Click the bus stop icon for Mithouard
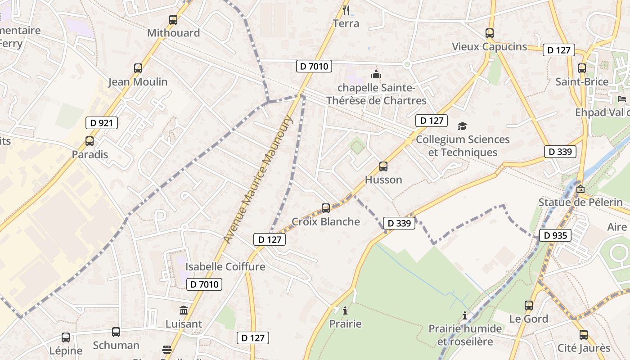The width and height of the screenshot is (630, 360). pos(173,20)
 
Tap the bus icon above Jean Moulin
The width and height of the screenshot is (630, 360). pos(138,68)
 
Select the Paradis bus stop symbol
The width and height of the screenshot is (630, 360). pos(90,141)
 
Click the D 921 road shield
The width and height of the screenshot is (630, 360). pos(102,123)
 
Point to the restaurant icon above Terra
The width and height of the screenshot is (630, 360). pos(346,10)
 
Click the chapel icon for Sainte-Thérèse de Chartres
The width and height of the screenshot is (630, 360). pos(376,74)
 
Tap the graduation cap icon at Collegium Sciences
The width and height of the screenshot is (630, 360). pos(462,126)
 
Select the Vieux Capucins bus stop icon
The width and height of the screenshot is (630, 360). pos(490,33)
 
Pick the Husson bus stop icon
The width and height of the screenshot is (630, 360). pos(383,166)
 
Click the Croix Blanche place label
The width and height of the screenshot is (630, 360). pos(326,221)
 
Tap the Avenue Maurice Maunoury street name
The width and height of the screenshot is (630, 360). pos(258,180)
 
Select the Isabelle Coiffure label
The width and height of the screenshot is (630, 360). pos(225,266)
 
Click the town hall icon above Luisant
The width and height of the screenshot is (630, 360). pos(184,310)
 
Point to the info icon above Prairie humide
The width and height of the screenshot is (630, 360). pos(465,315)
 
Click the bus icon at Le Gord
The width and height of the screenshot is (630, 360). pos(529,306)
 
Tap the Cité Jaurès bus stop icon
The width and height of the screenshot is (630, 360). pos(584,335)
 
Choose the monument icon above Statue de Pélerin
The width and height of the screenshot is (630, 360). pos(580,189)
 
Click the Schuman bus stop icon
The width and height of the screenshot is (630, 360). pos(116,332)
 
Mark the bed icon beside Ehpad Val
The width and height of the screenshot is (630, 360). pos(622,99)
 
